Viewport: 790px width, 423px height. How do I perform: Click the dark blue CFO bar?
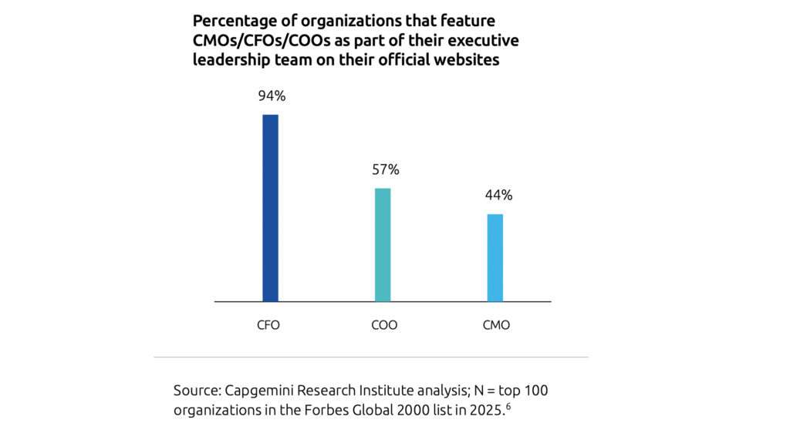tap(270, 208)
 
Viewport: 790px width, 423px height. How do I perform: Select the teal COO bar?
tap(383, 244)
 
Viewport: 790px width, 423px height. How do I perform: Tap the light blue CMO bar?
tap(495, 257)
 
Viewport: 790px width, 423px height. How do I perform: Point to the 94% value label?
tap(272, 96)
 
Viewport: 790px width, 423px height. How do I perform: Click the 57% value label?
tap(386, 170)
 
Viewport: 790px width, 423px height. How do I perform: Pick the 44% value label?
tap(498, 195)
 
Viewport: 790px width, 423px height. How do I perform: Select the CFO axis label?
tap(268, 325)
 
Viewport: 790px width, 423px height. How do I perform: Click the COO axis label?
tap(384, 325)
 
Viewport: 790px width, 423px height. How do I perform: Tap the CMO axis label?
tap(496, 325)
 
